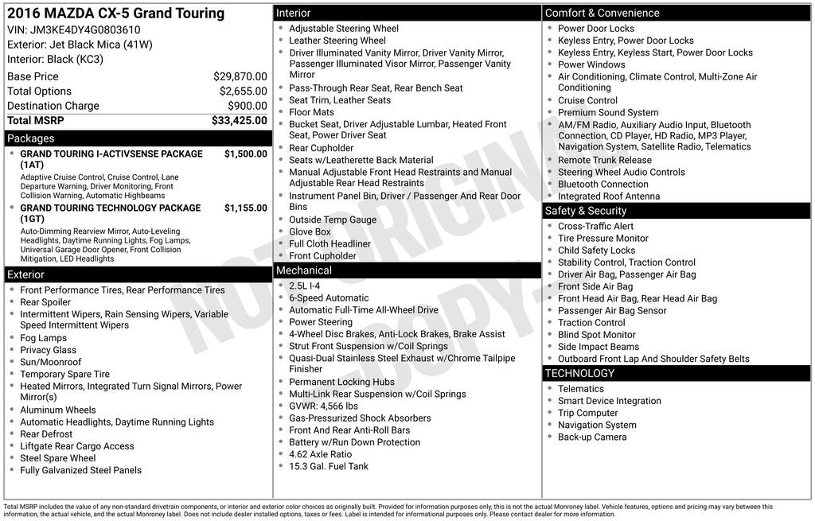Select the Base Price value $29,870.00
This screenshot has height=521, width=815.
240,77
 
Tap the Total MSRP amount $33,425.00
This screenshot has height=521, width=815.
239,121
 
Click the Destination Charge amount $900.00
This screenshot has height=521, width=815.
248,106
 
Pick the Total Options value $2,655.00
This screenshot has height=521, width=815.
243,91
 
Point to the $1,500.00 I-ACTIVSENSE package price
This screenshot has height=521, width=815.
245,154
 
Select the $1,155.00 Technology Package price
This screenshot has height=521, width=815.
245,208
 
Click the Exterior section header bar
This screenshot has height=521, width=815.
25,274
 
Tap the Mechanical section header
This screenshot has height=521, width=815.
303,270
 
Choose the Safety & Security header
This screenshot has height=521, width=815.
585,211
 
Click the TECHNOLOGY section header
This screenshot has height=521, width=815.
579,373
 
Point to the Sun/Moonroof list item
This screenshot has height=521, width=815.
51,363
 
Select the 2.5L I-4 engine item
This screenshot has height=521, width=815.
305,286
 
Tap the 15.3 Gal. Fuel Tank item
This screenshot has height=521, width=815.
329,467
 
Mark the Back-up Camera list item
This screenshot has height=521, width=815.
592,437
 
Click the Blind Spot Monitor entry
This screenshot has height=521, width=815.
597,335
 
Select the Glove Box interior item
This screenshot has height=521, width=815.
310,232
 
